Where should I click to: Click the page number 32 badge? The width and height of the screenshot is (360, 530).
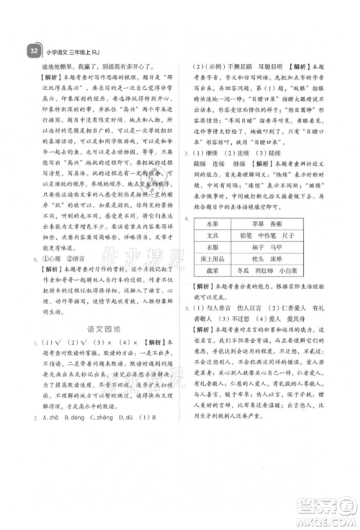(x=32, y=50)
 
